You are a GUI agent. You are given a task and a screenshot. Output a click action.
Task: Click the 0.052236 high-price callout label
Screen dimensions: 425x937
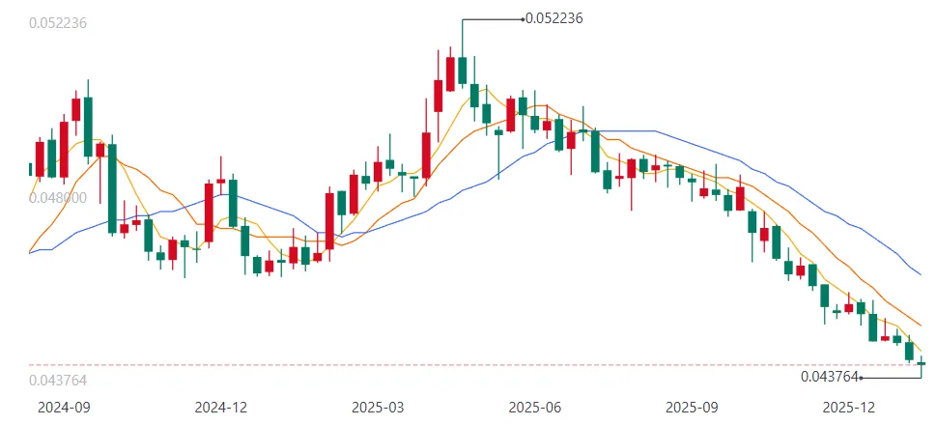[554, 17]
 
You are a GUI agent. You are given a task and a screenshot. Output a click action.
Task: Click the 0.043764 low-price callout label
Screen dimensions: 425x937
[829, 377]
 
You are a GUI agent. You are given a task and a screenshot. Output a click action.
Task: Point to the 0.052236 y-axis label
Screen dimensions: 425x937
[59, 23]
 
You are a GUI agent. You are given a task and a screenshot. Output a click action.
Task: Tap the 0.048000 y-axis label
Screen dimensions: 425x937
[59, 197]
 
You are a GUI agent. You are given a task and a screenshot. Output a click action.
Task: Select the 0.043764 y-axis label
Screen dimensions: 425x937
[59, 381]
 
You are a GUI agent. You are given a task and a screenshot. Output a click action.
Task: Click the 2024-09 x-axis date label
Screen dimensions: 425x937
[63, 408]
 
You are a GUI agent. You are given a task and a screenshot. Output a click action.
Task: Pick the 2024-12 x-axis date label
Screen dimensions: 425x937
[220, 408]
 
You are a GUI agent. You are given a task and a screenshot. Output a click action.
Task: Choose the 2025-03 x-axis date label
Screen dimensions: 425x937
[379, 408]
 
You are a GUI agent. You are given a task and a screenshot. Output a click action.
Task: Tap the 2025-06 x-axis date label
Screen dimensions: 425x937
[535, 408]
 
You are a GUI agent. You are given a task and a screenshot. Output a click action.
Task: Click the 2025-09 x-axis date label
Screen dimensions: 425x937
[694, 408]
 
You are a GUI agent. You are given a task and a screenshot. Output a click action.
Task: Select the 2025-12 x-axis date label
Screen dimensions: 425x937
[850, 408]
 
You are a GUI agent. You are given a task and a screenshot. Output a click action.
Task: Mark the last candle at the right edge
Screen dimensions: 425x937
[922, 363]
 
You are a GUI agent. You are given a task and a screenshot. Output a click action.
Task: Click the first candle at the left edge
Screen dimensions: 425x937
[30, 169]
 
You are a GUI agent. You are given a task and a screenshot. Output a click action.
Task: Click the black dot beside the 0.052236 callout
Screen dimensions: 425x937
[522, 18]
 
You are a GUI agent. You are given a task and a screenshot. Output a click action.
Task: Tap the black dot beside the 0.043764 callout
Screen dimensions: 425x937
[861, 378]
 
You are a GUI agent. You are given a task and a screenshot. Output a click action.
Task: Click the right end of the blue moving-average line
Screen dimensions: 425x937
[923, 275]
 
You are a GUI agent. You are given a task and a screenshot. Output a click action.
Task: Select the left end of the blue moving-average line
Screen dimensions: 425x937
[30, 253]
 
